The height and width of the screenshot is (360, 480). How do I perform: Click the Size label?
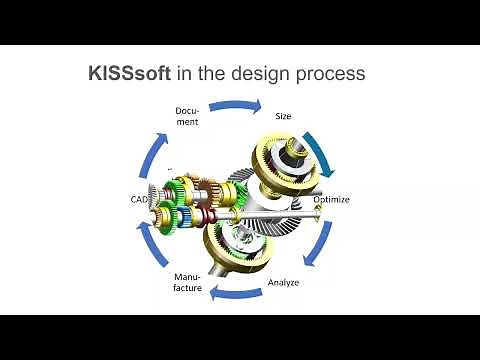[283, 116]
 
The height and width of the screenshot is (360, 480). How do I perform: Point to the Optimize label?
[331, 199]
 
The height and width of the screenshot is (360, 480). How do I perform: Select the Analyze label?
[283, 282]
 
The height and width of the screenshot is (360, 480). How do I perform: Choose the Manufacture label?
[188, 282]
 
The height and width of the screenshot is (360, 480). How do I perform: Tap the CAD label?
[139, 200]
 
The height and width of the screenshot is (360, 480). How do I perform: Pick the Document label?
[187, 116]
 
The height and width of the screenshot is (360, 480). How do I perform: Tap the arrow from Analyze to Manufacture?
[236, 295]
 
